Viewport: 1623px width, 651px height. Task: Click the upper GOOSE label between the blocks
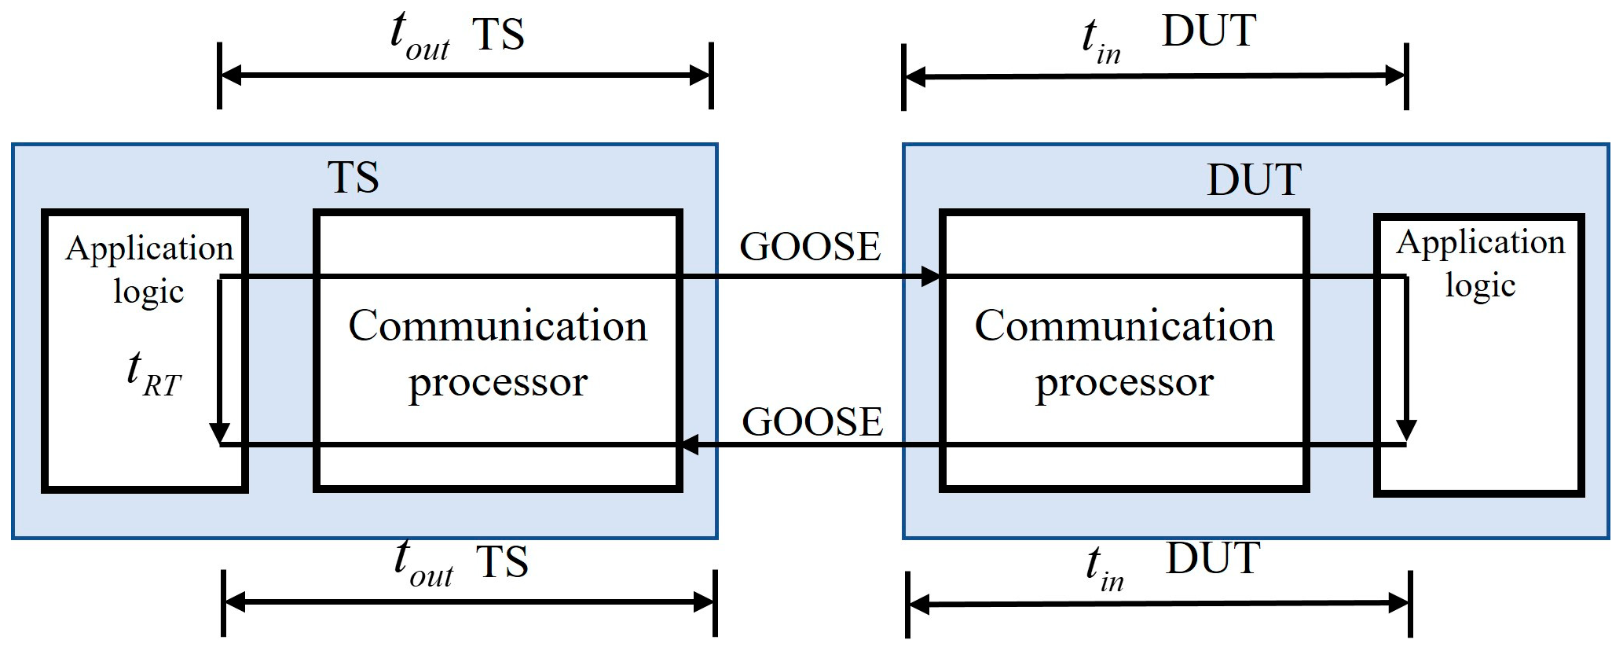[810, 247]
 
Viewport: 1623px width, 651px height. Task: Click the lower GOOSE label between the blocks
[812, 422]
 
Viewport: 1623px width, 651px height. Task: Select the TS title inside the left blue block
[354, 178]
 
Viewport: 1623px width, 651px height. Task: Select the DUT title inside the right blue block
[1254, 180]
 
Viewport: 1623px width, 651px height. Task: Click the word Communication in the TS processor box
[497, 325]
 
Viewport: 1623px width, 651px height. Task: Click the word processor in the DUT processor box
[1124, 382]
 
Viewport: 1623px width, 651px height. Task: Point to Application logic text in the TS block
[149, 269]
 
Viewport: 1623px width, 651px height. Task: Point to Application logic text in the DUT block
[1480, 263]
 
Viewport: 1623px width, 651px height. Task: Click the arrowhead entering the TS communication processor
[688, 445]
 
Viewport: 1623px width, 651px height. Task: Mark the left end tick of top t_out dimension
[219, 76]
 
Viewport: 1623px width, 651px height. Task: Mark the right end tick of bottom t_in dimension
[1411, 604]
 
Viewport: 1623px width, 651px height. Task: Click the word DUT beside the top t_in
[1209, 32]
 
